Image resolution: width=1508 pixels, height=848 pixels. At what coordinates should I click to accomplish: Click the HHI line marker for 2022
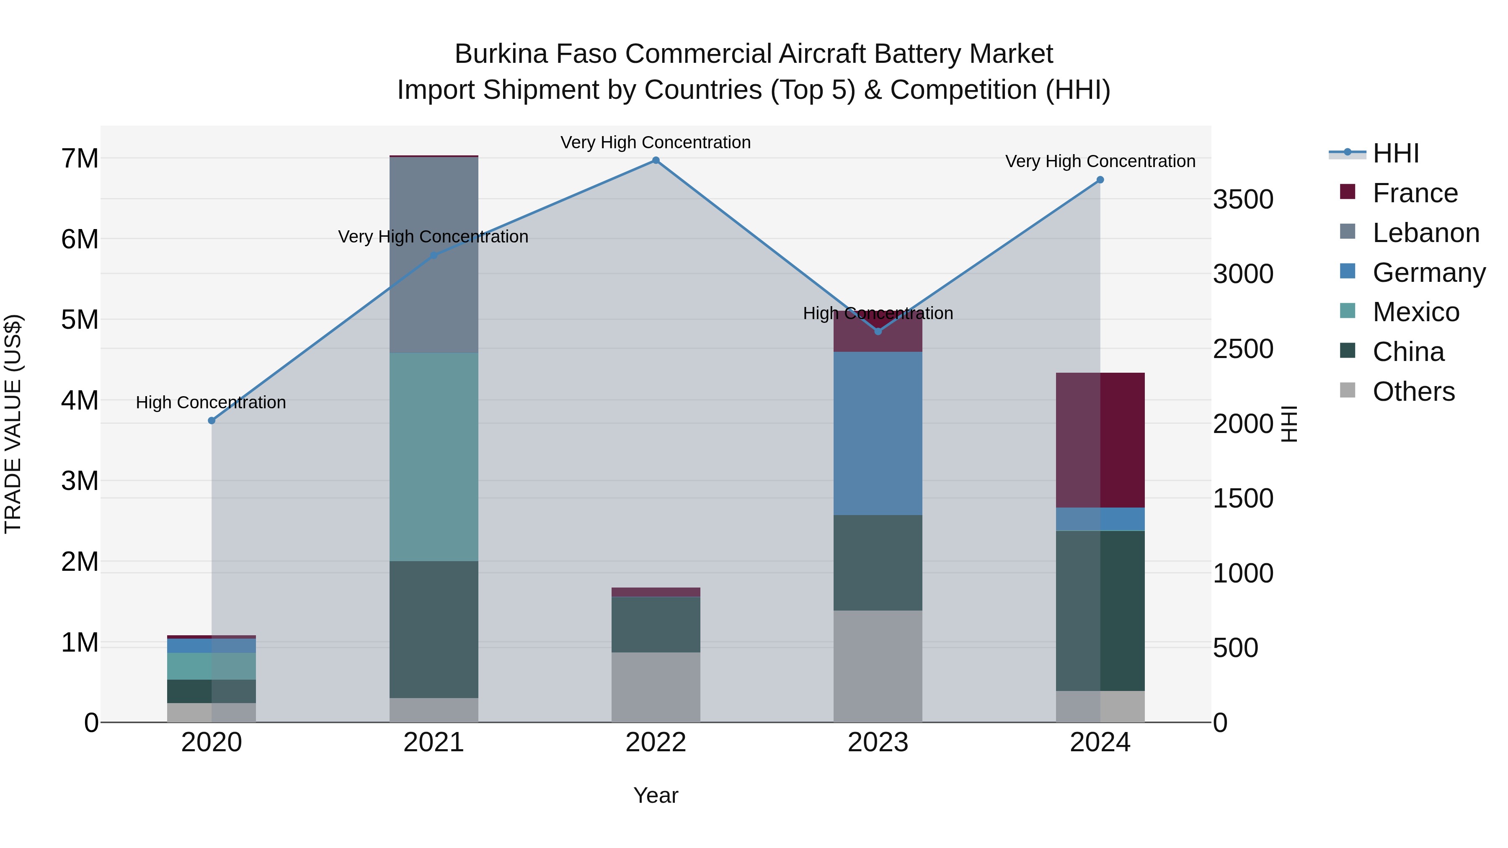pyautogui.click(x=656, y=160)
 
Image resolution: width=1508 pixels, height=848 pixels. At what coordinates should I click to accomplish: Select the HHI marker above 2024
pyautogui.click(x=1100, y=180)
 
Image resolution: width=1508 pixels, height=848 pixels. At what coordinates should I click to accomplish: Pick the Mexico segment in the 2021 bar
pyautogui.click(x=434, y=456)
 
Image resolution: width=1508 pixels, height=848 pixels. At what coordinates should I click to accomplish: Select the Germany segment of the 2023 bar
pyautogui.click(x=878, y=433)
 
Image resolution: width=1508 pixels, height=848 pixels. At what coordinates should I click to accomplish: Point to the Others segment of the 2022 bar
pyautogui.click(x=656, y=687)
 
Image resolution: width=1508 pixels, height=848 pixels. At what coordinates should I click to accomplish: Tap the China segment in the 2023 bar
pyautogui.click(x=878, y=562)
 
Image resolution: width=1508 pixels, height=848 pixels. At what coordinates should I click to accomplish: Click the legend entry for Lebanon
pyautogui.click(x=1425, y=233)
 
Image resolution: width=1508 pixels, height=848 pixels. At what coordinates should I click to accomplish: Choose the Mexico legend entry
pyautogui.click(x=1415, y=312)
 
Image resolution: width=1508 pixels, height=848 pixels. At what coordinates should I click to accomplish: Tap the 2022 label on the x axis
pyautogui.click(x=656, y=742)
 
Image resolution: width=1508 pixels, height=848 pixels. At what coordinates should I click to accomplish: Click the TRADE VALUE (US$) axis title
pyautogui.click(x=13, y=424)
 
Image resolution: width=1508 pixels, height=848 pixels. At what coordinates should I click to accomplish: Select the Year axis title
pyautogui.click(x=656, y=795)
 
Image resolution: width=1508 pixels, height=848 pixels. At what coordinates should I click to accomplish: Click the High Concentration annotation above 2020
pyautogui.click(x=211, y=402)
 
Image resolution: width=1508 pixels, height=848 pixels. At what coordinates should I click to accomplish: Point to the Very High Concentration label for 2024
pyautogui.click(x=1100, y=162)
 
